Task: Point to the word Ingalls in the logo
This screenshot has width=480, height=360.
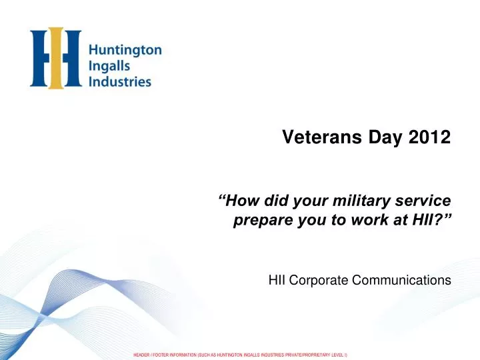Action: (108, 67)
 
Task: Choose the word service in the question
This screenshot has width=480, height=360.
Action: (422, 200)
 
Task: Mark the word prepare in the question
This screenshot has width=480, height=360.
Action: (259, 219)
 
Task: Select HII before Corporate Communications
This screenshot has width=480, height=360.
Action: (277, 281)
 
